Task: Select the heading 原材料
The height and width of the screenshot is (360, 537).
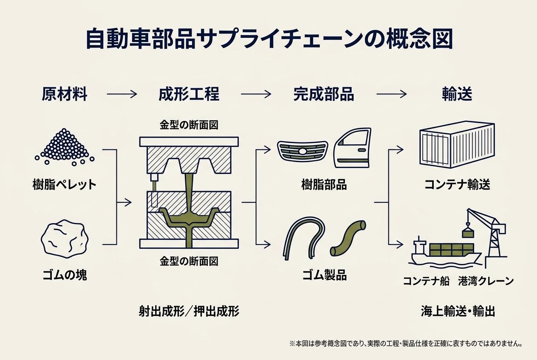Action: point(65,94)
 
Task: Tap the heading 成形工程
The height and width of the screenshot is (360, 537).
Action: point(189,94)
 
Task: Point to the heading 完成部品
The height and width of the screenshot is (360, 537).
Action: point(323,94)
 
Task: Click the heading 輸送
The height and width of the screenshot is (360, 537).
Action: point(457,94)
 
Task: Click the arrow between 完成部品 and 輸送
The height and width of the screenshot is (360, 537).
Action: point(392,94)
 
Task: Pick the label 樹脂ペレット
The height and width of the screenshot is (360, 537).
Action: point(65,185)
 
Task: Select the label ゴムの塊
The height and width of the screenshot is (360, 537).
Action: point(65,275)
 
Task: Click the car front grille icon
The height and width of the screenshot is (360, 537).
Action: point(302,151)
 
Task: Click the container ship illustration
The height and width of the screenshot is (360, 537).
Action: point(444,253)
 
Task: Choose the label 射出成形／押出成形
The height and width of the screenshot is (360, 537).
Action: point(189,312)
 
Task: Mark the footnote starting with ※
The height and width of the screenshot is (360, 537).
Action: point(406,343)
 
